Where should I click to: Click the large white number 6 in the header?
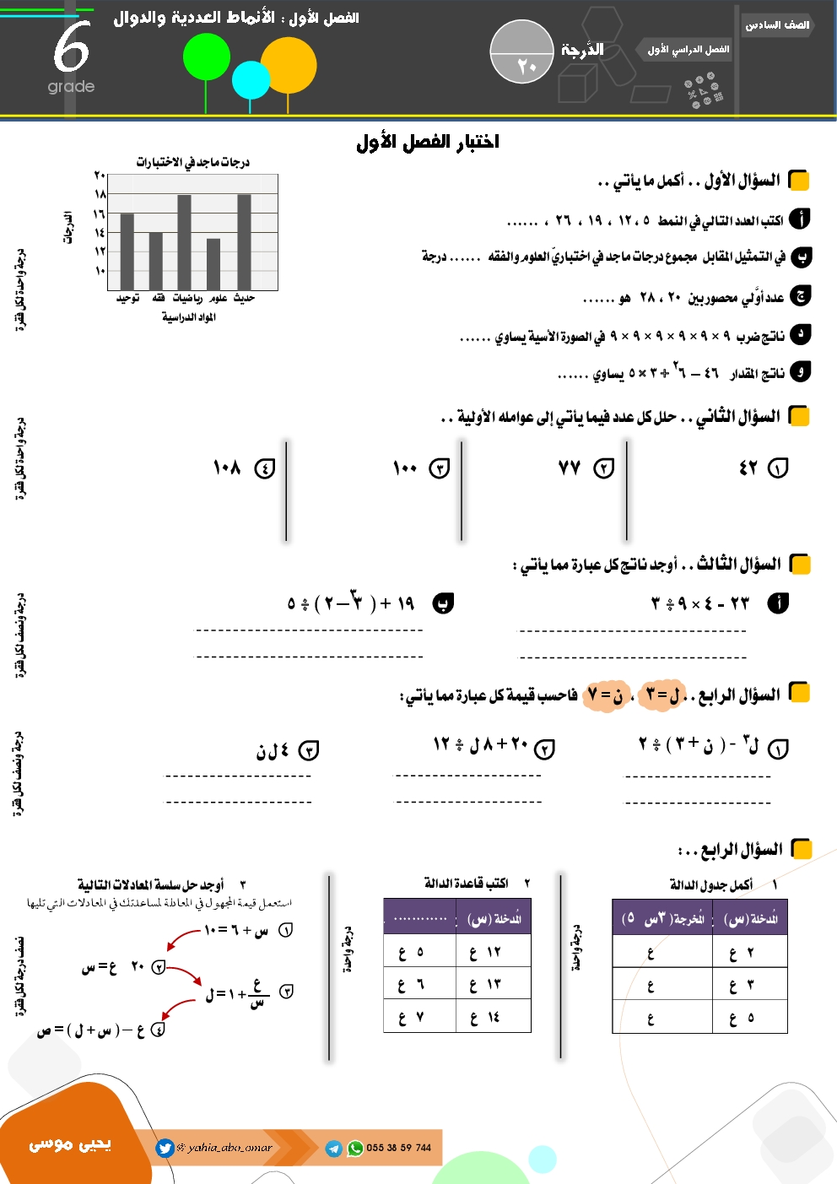pos(71,48)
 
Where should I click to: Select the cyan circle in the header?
pos(251,80)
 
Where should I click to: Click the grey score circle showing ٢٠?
pos(521,52)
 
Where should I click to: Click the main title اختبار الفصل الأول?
pos(428,142)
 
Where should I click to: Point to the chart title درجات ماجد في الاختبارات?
pos(193,162)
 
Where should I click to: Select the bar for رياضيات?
pos(184,243)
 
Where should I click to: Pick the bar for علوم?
pos(213,264)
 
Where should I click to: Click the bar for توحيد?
pos(127,251)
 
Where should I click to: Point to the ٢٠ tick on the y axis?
pos(100,176)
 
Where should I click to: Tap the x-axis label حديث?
pos(244,298)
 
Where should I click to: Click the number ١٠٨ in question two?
pos(227,468)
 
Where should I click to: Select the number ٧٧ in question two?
pos(570,468)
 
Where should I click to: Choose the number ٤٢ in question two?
pos(748,468)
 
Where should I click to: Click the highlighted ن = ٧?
pos(607,696)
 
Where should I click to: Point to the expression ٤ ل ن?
pos(273,750)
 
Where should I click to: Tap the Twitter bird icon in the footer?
pos(165,1148)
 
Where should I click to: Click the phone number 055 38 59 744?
pos(398,1148)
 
